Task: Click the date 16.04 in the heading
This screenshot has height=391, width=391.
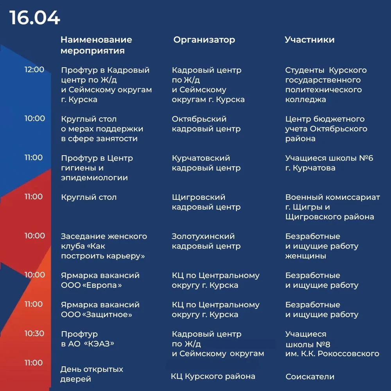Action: pos(35,18)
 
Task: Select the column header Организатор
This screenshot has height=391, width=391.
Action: pos(204,40)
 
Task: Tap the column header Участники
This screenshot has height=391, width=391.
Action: pos(309,40)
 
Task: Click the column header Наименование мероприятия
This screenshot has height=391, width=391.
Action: pos(96,45)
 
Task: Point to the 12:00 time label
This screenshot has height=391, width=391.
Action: pos(34,70)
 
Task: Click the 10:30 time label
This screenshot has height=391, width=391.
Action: pos(34,334)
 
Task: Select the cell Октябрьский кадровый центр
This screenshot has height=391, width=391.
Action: pos(206,124)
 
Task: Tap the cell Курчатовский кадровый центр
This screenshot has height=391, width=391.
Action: pos(206,163)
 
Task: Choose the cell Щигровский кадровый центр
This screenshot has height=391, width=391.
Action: pos(206,202)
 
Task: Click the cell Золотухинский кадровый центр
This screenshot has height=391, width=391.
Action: pos(206,241)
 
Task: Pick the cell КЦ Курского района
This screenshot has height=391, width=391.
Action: pos(213,377)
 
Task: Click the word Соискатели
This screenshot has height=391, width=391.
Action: pos(310,377)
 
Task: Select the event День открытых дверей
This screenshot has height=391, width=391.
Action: pos(92,374)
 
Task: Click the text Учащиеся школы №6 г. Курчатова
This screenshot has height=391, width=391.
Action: pos(329,163)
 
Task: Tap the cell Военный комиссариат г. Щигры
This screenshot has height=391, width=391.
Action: pos(332,207)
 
